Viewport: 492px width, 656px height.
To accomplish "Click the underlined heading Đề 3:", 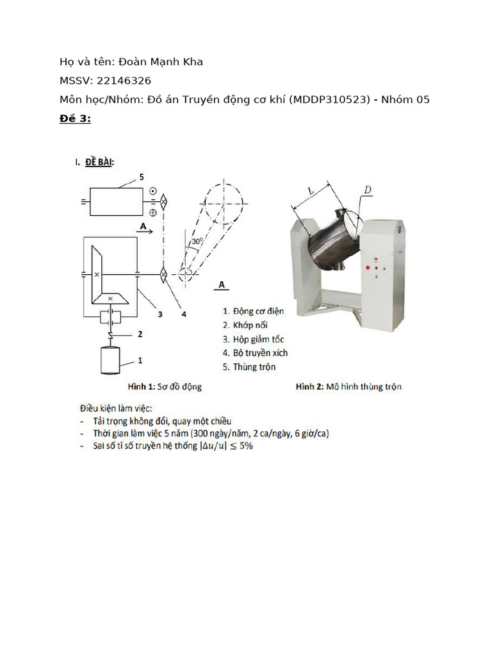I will tap(75, 119).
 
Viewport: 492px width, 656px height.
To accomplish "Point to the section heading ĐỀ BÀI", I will tap(99, 163).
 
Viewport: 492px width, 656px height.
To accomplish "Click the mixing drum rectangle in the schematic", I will tap(116, 201).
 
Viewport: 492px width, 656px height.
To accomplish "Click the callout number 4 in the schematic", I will tap(184, 314).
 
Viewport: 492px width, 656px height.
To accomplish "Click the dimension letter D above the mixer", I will tap(368, 190).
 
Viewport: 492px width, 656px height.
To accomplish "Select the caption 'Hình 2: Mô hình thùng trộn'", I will tap(348, 386).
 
